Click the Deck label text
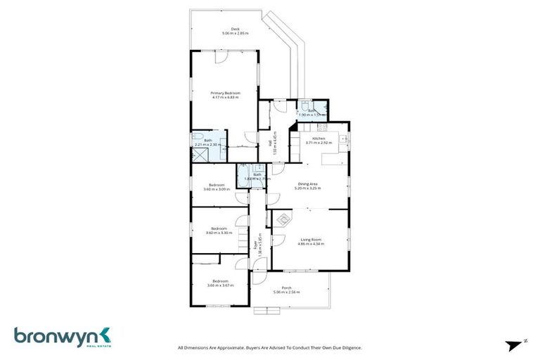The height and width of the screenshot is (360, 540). click(226, 29)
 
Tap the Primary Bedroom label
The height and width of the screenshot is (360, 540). click(226, 93)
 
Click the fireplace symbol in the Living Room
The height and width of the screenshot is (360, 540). click(283, 219)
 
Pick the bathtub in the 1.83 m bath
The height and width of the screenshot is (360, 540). click(243, 174)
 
